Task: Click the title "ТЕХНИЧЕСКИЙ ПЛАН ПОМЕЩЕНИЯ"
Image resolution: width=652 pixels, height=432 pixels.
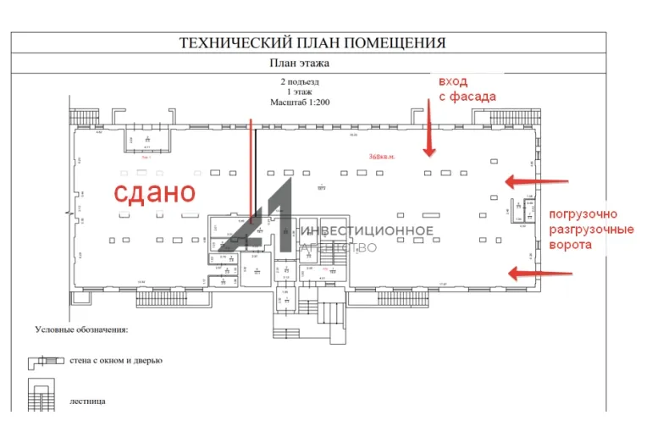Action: tap(312, 42)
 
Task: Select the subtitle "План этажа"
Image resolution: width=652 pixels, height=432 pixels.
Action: tap(299, 63)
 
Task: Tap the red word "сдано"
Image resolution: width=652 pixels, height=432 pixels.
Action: tap(155, 191)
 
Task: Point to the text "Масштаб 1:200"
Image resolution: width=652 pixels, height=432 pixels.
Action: tap(300, 102)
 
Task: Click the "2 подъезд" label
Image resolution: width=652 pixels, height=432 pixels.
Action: tap(300, 82)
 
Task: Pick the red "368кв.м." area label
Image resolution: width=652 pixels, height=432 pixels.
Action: tap(383, 156)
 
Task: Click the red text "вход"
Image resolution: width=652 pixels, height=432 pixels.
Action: tap(453, 82)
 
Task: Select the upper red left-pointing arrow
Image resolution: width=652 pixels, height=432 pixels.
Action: tap(538, 180)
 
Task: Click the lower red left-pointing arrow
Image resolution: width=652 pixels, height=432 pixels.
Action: tap(538, 272)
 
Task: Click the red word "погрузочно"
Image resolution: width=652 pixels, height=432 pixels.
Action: tap(584, 213)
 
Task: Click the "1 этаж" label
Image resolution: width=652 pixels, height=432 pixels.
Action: tap(300, 91)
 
